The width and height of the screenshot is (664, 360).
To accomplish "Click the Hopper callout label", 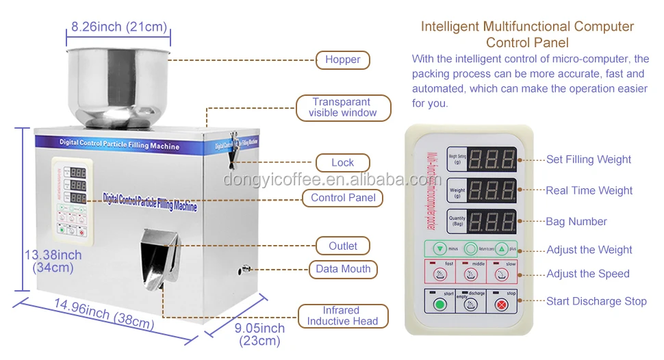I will [343, 60].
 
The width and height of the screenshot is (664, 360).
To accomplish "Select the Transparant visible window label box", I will [343, 107].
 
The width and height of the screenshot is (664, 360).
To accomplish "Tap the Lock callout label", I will [342, 163].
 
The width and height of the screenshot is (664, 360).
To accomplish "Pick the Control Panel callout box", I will [343, 198].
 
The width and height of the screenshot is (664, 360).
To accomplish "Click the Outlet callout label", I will [343, 246].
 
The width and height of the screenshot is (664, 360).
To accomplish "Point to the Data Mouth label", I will [343, 269].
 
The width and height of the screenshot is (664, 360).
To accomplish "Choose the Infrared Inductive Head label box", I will [343, 316].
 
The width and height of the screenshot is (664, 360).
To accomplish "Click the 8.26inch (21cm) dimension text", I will [119, 27].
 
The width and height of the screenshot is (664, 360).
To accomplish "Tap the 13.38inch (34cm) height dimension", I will [53, 261].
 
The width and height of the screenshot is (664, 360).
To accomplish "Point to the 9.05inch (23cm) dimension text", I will [259, 335].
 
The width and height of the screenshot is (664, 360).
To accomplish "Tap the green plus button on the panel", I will [502, 249].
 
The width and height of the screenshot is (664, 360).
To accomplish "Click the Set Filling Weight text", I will [589, 159].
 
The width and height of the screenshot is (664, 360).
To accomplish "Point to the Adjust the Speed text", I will [588, 274].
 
